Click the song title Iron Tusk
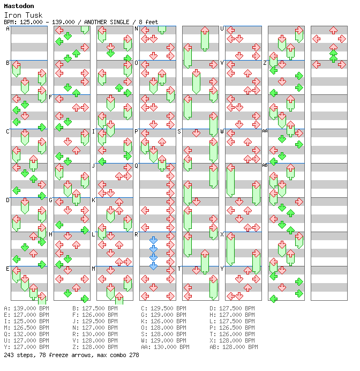click(x=23, y=15)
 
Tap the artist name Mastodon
click(x=19, y=6)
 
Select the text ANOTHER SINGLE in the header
click(x=107, y=22)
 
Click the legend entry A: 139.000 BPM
click(x=26, y=308)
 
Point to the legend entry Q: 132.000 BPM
click(x=26, y=334)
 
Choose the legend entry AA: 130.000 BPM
click(x=165, y=347)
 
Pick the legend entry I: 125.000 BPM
click(x=26, y=321)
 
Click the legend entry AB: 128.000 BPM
click(x=234, y=347)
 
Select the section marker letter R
click(x=137, y=234)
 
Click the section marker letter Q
click(x=137, y=166)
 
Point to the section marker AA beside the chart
click(x=265, y=131)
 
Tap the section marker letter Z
click(x=265, y=63)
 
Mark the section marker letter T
click(x=179, y=269)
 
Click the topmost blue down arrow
click(x=153, y=240)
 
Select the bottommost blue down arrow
click(x=153, y=266)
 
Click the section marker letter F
click(x=50, y=97)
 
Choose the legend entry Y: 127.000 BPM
click(x=26, y=347)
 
